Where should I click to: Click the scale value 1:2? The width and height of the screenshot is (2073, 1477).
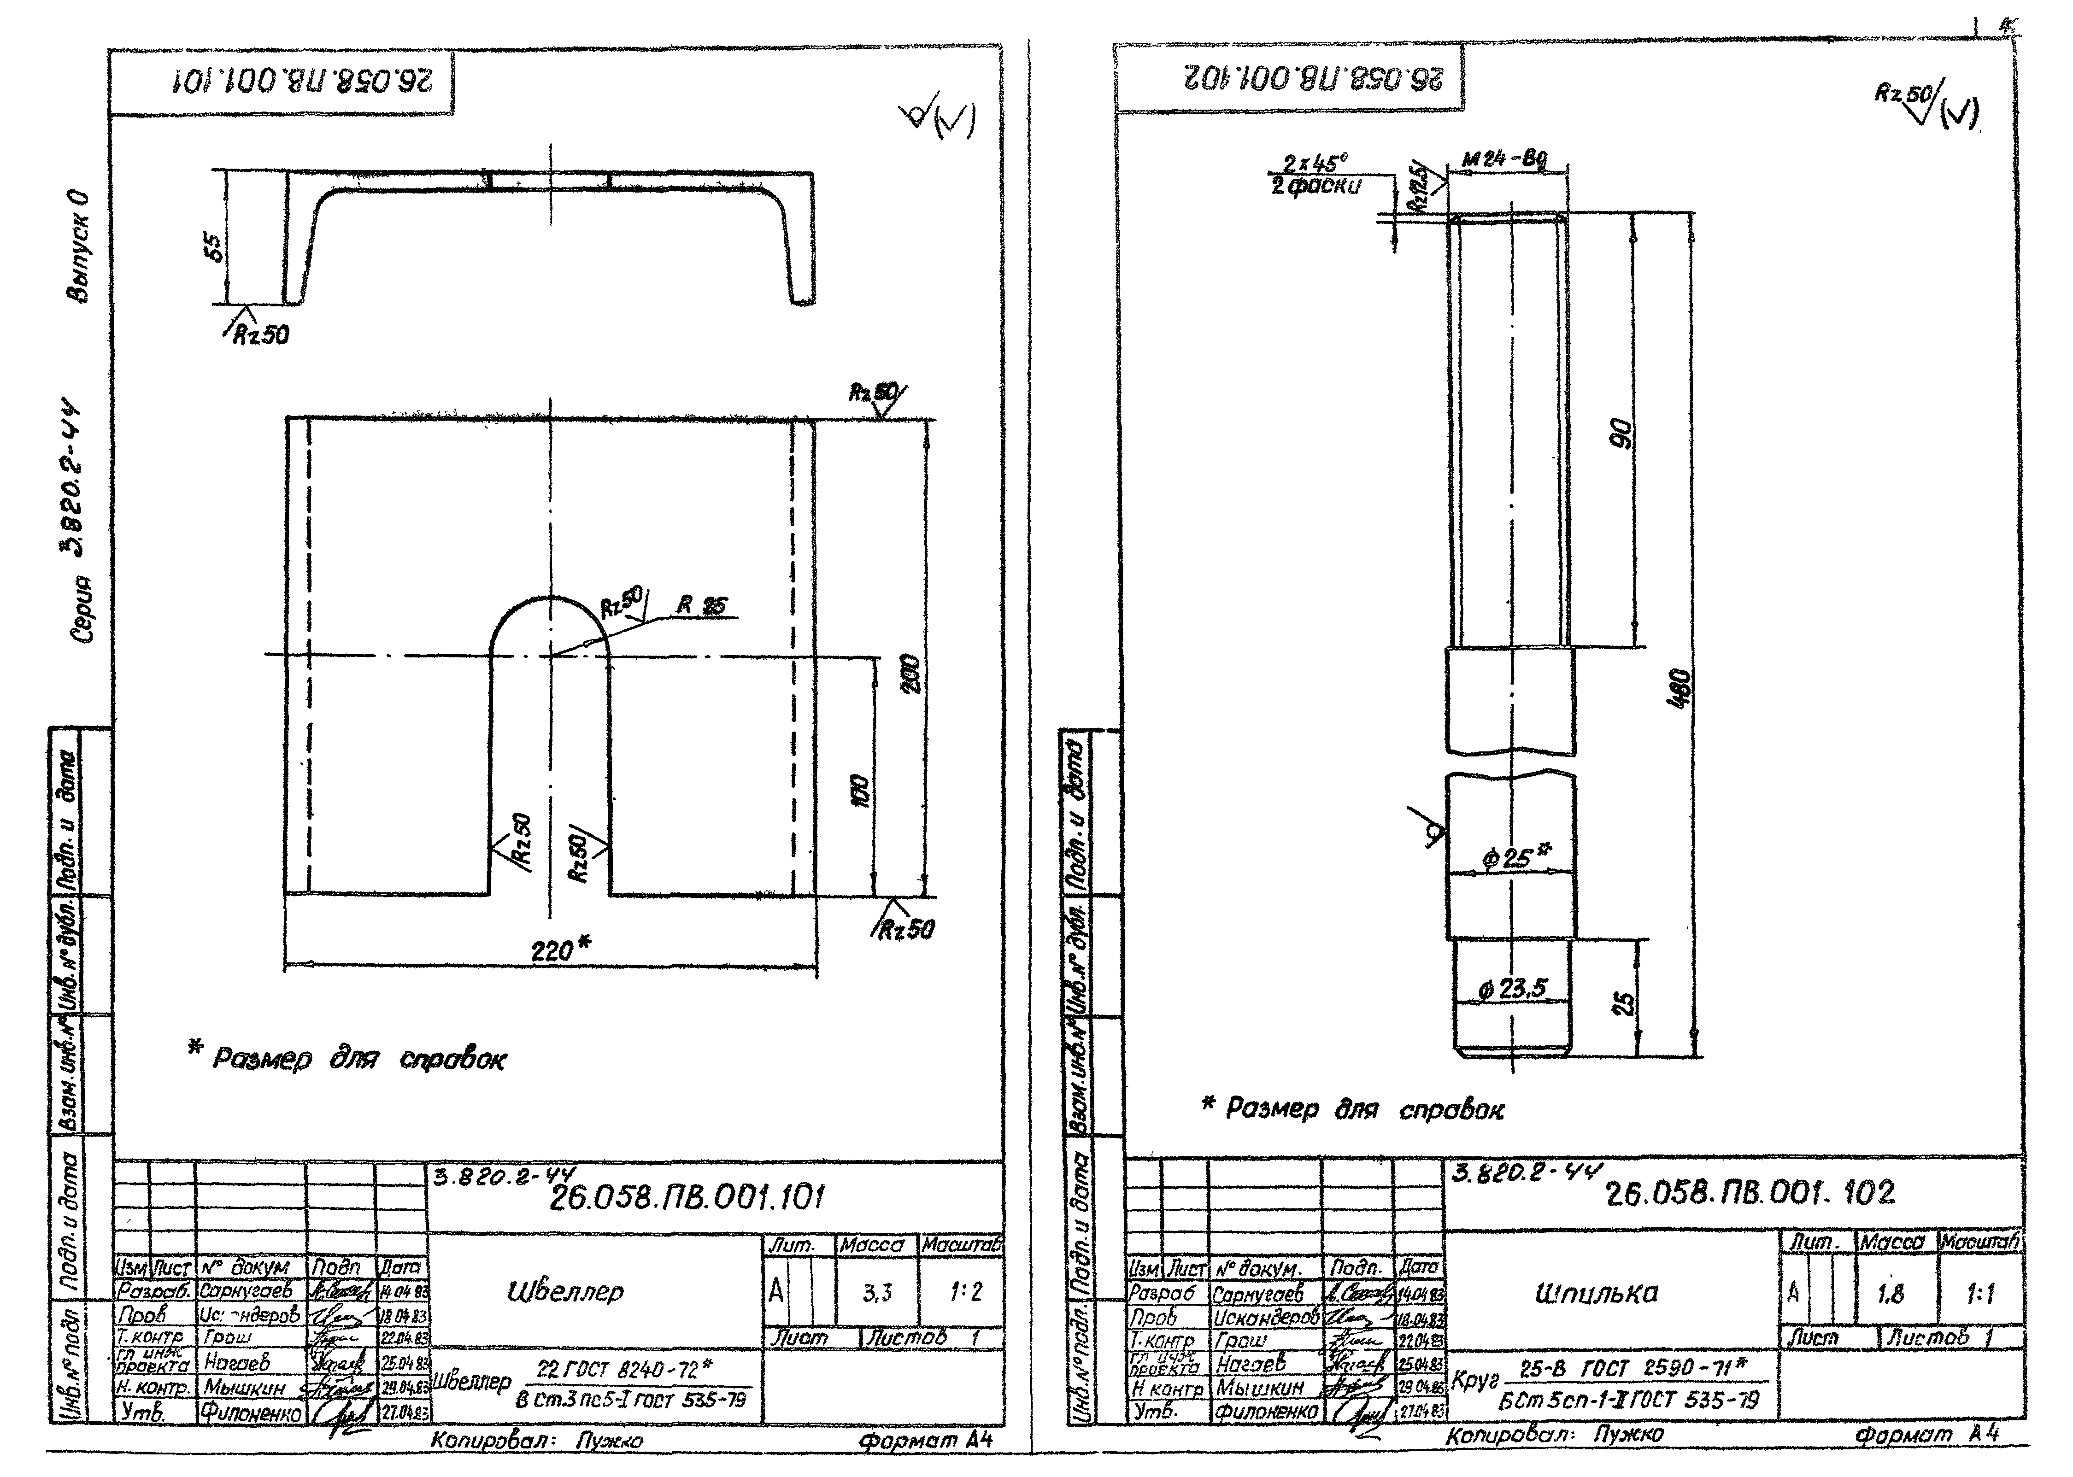pyautogui.click(x=964, y=1291)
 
